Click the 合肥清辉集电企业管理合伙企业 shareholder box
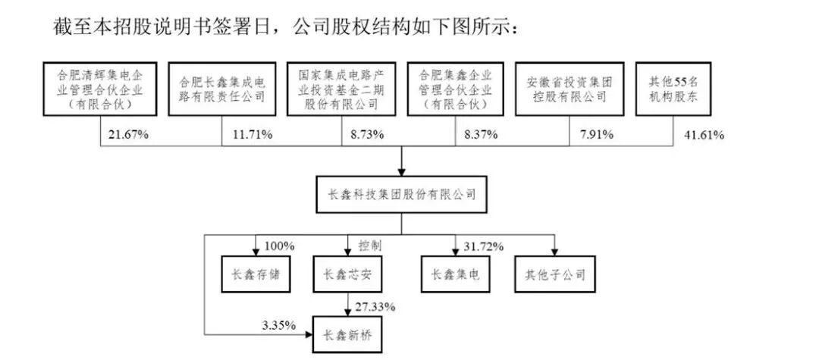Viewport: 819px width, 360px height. [100, 89]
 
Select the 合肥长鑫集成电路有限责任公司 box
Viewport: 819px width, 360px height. [222, 89]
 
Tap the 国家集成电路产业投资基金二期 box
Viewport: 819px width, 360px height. [341, 89]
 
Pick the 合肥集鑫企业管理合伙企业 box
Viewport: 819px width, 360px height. [456, 89]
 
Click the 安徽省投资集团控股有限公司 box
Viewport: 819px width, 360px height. [570, 89]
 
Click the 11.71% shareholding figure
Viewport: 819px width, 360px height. [252, 135]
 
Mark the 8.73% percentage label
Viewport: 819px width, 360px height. [367, 135]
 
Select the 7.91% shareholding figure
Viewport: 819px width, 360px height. [595, 135]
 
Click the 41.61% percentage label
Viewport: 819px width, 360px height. [704, 135]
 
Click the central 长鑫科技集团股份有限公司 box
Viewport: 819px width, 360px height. [401, 195]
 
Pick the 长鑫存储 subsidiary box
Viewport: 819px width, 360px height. [256, 274]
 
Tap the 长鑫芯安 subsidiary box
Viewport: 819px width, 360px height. [348, 274]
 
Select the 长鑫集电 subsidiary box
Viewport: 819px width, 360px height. [456, 274]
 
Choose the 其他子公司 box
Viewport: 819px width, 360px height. [554, 274]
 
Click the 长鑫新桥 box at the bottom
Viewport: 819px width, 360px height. [348, 334]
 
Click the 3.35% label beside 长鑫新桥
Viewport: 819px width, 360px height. [279, 327]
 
